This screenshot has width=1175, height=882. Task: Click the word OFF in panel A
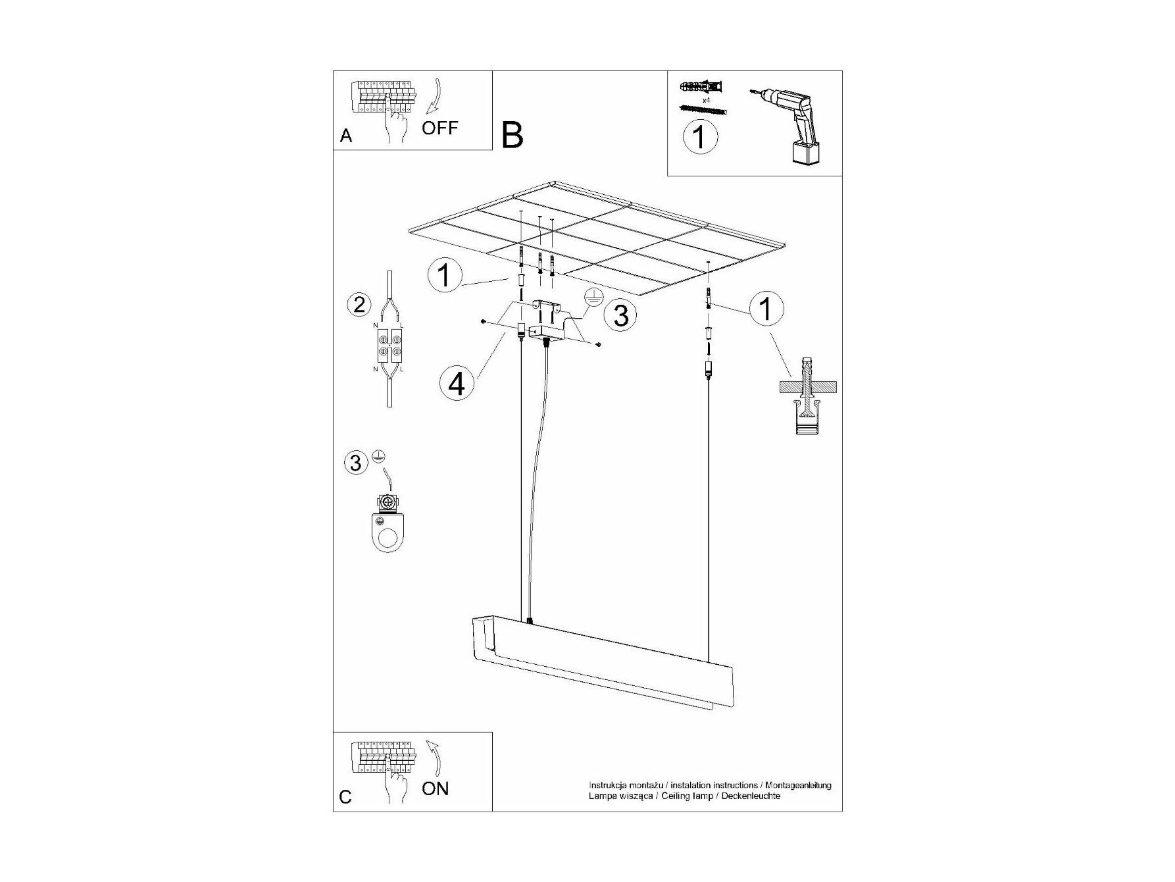pos(439,128)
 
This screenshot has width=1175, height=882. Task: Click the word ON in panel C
pos(435,789)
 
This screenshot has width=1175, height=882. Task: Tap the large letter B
pos(512,135)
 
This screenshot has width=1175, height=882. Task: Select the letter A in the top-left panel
pos(346,136)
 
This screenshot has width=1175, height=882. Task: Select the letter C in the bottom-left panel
pos(345,797)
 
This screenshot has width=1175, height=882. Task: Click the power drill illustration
pos(787,126)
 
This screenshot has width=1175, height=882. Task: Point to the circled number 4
pos(457,383)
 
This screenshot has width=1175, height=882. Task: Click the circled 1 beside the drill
pos(700,138)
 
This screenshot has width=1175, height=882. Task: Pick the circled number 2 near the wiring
pos(359,305)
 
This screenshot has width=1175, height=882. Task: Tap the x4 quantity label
pos(707,100)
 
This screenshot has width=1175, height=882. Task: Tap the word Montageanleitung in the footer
pos(797,785)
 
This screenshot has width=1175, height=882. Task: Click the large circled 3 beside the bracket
pos(620,315)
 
